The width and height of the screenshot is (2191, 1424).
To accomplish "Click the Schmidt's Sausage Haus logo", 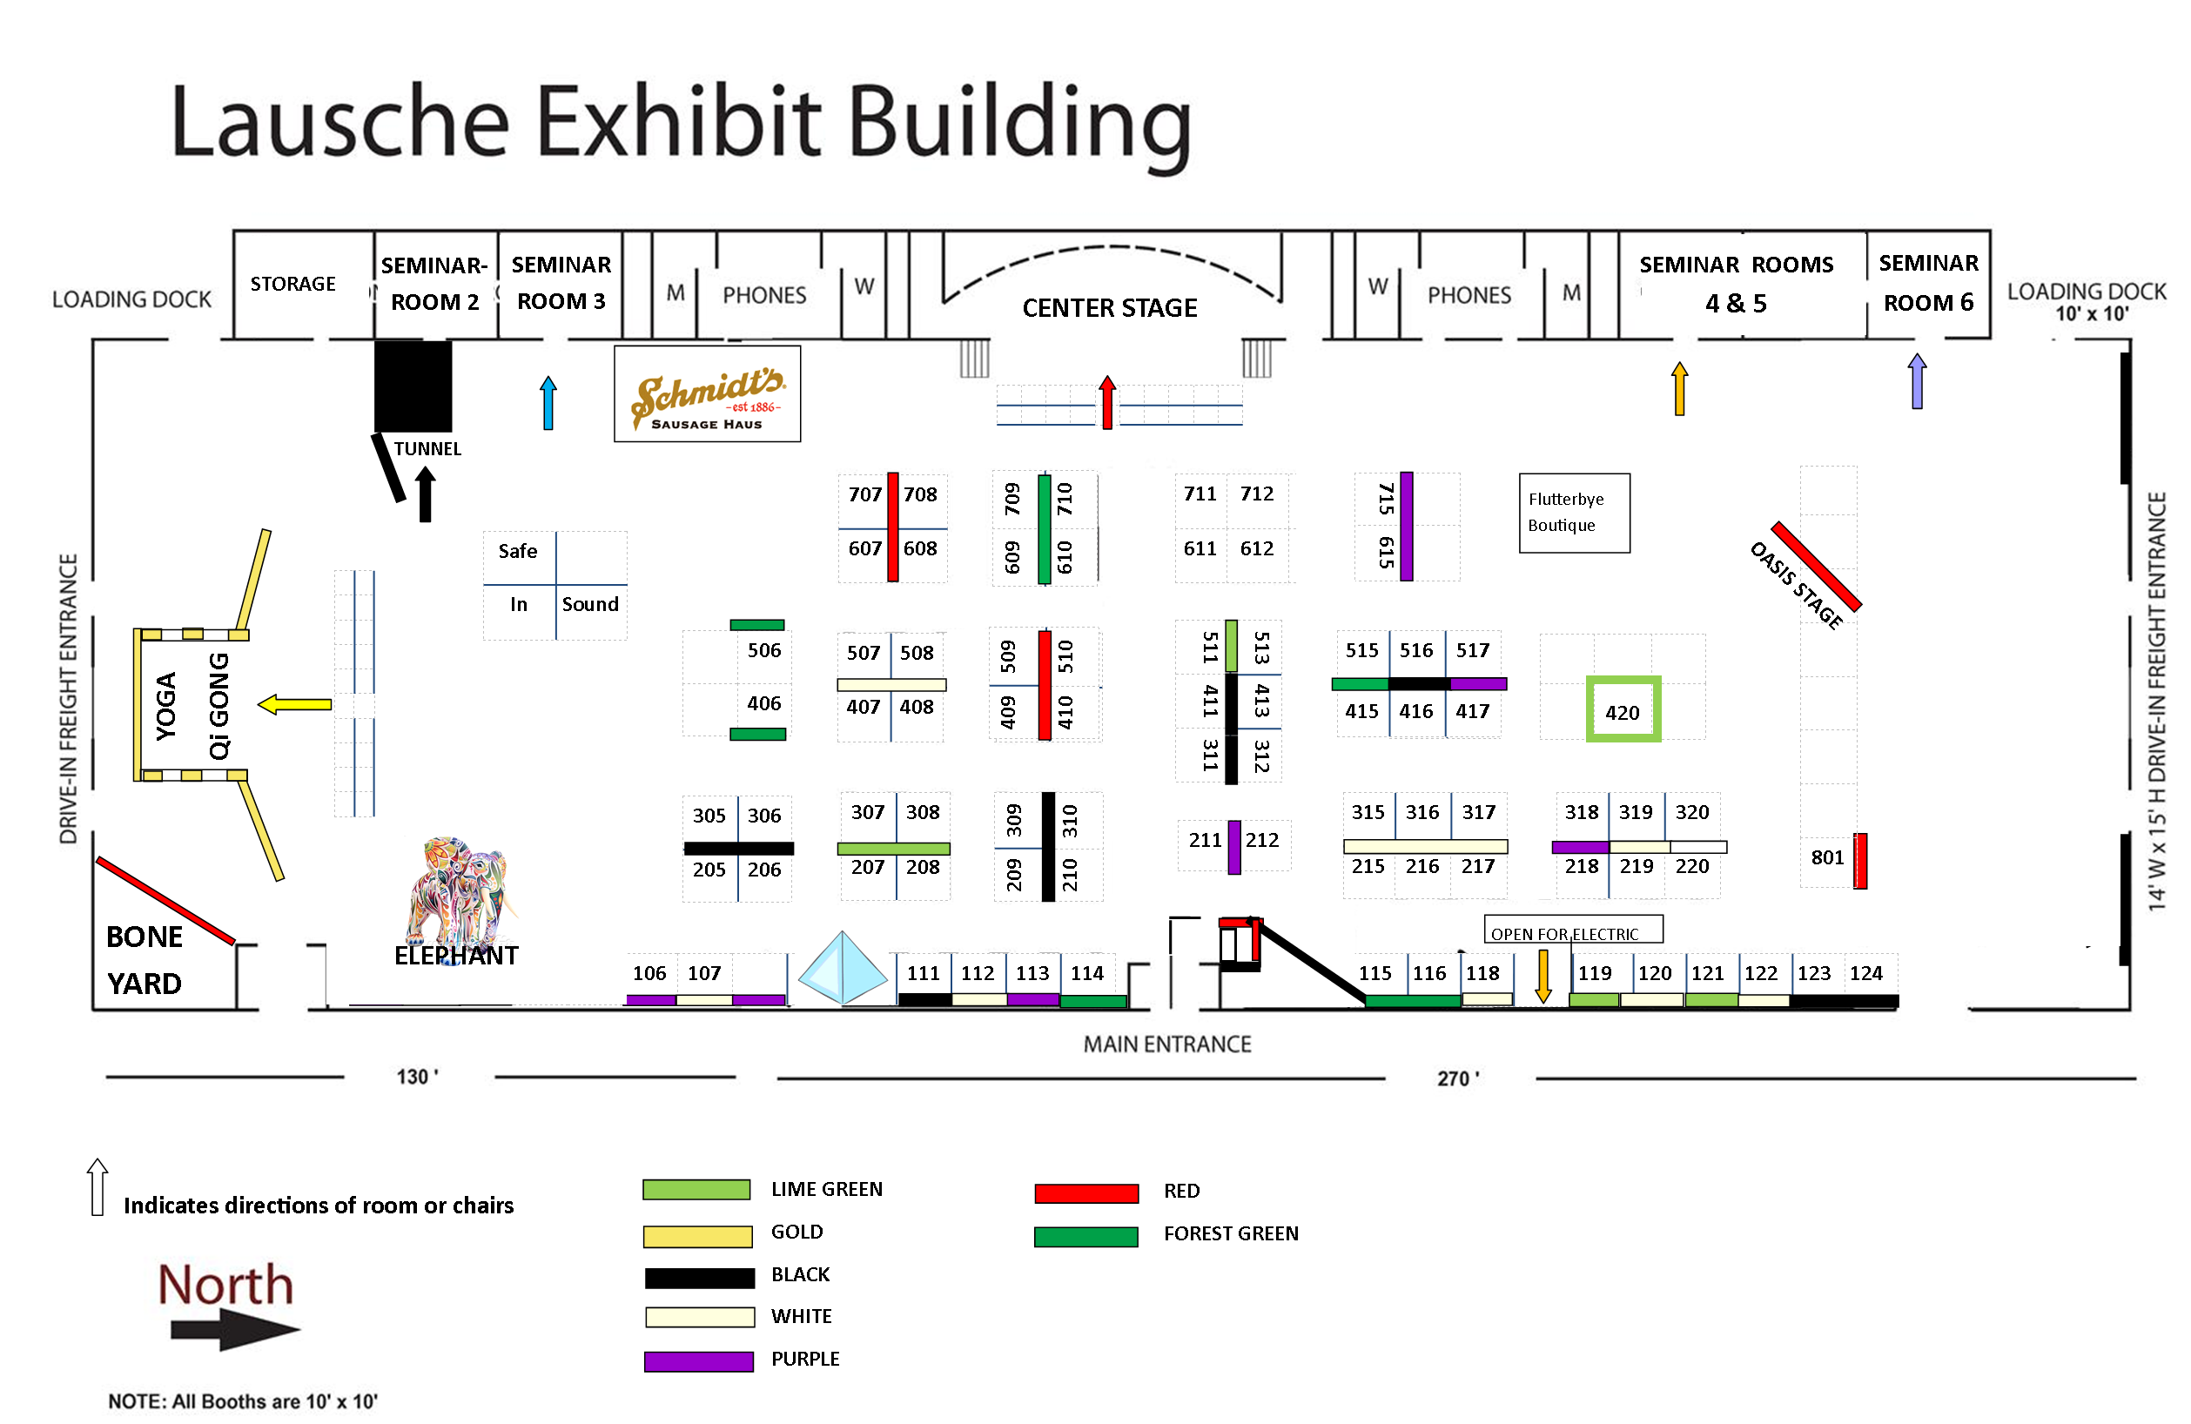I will pyautogui.click(x=707, y=395).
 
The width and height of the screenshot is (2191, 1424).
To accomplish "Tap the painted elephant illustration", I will pyautogui.click(x=458, y=890).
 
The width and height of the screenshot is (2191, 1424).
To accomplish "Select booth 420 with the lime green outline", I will pyautogui.click(x=1623, y=709).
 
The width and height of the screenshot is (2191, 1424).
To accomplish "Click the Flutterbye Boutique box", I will pyautogui.click(x=1574, y=513).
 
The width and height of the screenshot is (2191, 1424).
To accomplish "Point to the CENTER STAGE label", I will pyautogui.click(x=1109, y=307).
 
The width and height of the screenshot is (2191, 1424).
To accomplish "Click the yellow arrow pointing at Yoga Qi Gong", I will pyautogui.click(x=294, y=705).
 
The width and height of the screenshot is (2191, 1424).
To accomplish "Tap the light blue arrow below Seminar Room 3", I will pyautogui.click(x=548, y=402).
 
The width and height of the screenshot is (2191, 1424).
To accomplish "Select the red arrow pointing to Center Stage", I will pyautogui.click(x=1107, y=402).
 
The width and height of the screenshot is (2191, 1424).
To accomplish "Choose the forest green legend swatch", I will pyautogui.click(x=1086, y=1236).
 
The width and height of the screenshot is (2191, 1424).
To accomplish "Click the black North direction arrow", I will pyautogui.click(x=236, y=1329).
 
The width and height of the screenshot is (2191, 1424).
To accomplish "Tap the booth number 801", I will pyautogui.click(x=1827, y=858).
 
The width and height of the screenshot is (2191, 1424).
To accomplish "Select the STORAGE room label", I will pyautogui.click(x=292, y=284).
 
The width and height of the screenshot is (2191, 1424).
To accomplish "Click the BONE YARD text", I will pyautogui.click(x=144, y=960).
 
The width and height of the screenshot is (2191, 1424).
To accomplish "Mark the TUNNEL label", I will pyautogui.click(x=427, y=449).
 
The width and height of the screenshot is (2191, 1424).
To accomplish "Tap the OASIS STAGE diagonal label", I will pyautogui.click(x=1796, y=586).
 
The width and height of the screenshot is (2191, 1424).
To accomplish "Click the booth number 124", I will pyautogui.click(x=1866, y=973).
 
